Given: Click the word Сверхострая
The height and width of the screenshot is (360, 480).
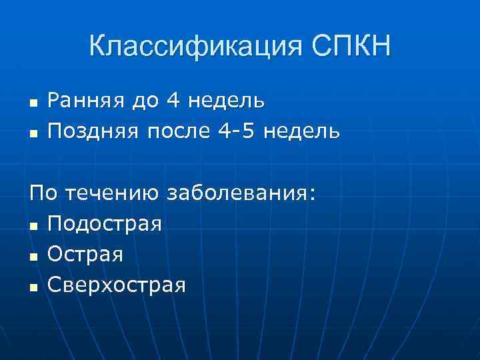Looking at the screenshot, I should pyautogui.click(x=117, y=285).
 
